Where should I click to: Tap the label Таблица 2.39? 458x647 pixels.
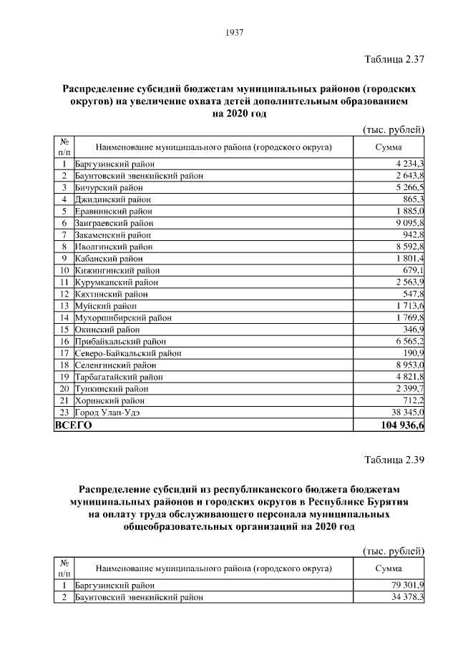click(394, 460)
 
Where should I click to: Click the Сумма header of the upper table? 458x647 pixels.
click(390, 147)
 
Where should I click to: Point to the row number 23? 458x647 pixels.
click(64, 413)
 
